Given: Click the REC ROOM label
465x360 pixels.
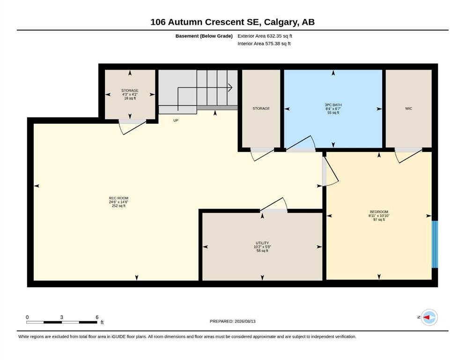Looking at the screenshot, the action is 118,198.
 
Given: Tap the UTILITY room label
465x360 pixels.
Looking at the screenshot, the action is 262,243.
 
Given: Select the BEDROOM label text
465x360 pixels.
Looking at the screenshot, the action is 379,212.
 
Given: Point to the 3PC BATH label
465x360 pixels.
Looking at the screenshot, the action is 333,105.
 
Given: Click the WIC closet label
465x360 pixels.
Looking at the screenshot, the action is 408,109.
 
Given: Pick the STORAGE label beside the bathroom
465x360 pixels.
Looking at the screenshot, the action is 261,109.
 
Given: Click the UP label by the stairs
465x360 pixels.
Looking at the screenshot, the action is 176,120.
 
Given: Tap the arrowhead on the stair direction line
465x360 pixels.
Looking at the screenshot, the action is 230,88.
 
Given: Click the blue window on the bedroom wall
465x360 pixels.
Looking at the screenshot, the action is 435,244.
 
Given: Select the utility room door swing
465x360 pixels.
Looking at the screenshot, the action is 274,204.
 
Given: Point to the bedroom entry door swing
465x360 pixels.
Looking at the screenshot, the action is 331,171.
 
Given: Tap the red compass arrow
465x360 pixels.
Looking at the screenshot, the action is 427,317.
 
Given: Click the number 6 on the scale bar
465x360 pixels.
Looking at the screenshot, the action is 97,317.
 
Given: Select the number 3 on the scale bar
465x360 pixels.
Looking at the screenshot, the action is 62,317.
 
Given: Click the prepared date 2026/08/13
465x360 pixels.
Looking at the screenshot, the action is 245,322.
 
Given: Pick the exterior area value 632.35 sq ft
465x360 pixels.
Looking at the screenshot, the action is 280,36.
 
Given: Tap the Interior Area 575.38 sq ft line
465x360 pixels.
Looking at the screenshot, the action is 264,44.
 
